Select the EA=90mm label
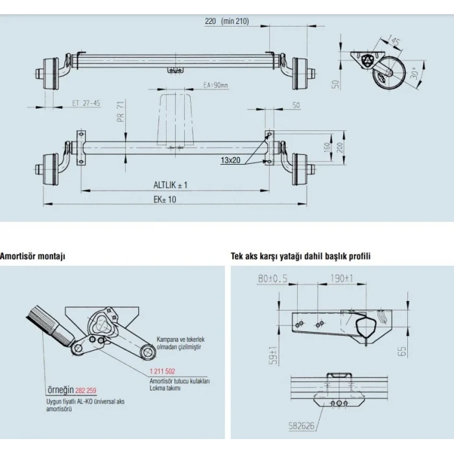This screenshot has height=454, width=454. click(x=216, y=85)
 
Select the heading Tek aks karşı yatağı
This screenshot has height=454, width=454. click(x=300, y=256)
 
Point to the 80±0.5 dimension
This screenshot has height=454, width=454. click(x=272, y=279)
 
